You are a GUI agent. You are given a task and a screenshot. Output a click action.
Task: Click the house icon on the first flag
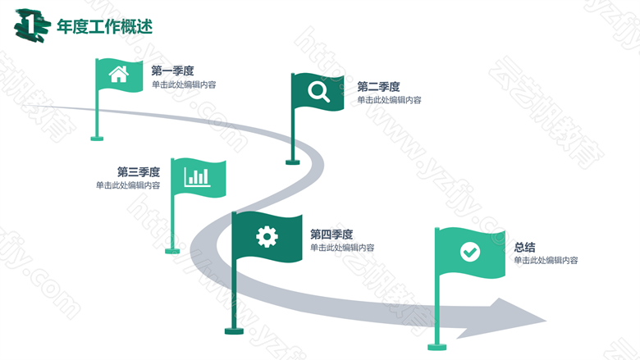pyautogui.click(x=119, y=74)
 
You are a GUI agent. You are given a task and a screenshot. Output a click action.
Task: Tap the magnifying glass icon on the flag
pyautogui.click(x=319, y=92)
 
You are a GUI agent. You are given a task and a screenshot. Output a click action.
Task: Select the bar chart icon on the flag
pyautogui.click(x=197, y=177)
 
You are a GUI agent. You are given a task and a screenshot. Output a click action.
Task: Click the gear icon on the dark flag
pyautogui.click(x=267, y=236)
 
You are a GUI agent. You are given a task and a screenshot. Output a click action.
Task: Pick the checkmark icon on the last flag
pyautogui.click(x=470, y=252)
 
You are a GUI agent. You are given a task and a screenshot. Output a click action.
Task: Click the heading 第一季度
pyautogui.click(x=172, y=71)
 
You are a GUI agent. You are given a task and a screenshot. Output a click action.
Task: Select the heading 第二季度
pyautogui.click(x=378, y=87)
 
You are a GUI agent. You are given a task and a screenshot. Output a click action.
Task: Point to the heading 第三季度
pyautogui.click(x=139, y=172)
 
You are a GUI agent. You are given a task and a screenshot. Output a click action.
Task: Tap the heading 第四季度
pyautogui.click(x=331, y=235)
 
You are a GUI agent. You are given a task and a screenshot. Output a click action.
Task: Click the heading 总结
pyautogui.click(x=524, y=247)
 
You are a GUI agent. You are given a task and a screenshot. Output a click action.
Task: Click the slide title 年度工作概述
pyautogui.click(x=104, y=27)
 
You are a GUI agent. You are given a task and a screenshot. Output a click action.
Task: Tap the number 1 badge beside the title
pyautogui.click(x=32, y=25)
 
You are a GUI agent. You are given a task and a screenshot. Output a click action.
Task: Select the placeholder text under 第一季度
pyautogui.click(x=184, y=84)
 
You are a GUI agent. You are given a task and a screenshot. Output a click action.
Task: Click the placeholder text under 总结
pyautogui.click(x=546, y=260)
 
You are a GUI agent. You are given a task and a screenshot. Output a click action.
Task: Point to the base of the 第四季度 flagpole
pyautogui.click(x=234, y=331)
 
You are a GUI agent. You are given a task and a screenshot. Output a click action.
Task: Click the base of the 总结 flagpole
pyautogui.click(x=437, y=348)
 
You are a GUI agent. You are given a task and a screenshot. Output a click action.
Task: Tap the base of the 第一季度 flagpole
pyautogui.click(x=97, y=139)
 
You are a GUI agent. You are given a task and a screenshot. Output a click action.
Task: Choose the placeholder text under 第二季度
pyautogui.click(x=389, y=100)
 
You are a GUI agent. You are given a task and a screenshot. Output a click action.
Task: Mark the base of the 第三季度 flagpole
pyautogui.click(x=172, y=251)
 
